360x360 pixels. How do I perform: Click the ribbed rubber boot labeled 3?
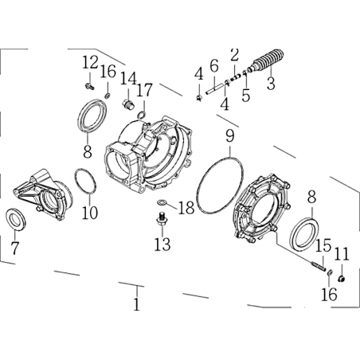pyautogui.click(x=267, y=61)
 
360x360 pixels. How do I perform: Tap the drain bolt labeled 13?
pyautogui.click(x=161, y=219)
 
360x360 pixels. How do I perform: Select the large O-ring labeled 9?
pyautogui.click(x=220, y=186)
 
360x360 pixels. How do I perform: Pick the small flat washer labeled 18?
pyautogui.click(x=162, y=202)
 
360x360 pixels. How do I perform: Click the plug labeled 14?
pyautogui.click(x=129, y=104)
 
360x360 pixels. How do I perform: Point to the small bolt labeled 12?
pyautogui.click(x=90, y=86)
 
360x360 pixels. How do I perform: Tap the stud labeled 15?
pyautogui.click(x=318, y=265)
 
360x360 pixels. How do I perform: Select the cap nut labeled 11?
pyautogui.click(x=342, y=279)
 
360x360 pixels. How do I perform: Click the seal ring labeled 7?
pyautogui.click(x=16, y=219)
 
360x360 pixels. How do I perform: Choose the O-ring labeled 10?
pyautogui.click(x=85, y=181)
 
